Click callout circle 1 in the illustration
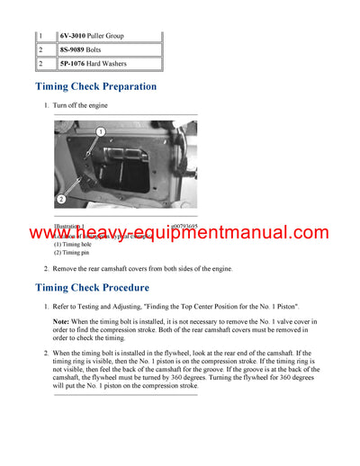101,132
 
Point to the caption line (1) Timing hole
73,245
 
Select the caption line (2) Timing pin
71,253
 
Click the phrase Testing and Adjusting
109,308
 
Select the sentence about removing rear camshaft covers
142,269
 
